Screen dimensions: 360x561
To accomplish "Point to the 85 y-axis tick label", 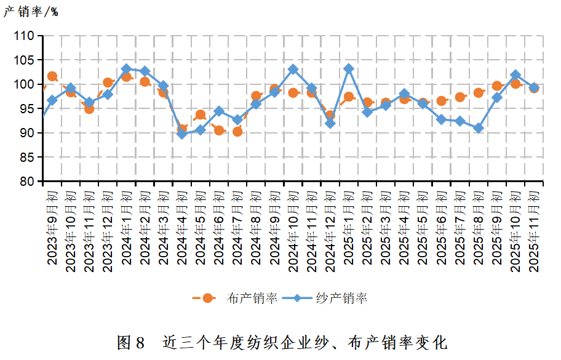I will click(x=26, y=157).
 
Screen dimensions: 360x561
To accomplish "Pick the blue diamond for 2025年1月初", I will click(x=349, y=69).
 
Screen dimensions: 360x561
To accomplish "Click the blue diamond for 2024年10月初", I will click(x=293, y=70).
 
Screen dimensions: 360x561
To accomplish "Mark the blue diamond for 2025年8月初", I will click(x=479, y=128).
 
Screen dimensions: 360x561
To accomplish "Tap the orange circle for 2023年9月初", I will click(x=52, y=77).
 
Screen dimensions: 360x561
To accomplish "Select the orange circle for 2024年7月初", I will click(x=237, y=131).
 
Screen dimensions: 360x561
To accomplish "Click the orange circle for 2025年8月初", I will click(x=479, y=93).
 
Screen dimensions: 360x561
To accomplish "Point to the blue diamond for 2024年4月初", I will click(x=182, y=134).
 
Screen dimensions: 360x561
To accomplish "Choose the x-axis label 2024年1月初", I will click(x=126, y=228).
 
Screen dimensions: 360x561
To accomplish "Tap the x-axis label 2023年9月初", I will click(x=52, y=228).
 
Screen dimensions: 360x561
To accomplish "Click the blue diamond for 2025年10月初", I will click(x=515, y=74).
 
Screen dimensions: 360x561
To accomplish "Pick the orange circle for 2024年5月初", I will click(x=201, y=115).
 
